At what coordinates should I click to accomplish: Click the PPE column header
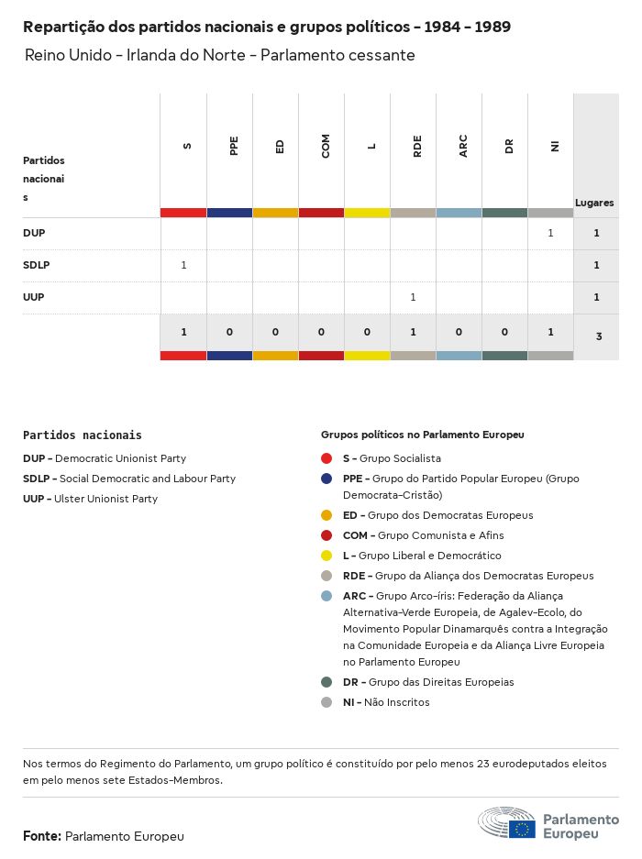point(234,146)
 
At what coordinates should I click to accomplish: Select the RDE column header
point(417,146)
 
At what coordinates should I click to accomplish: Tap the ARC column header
point(463,146)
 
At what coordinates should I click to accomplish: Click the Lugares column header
point(594,203)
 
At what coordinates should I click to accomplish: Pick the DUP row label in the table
point(34,233)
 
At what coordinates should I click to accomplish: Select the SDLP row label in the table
point(36,265)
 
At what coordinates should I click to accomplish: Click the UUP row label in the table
point(34,297)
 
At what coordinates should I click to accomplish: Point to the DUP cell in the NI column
point(550,233)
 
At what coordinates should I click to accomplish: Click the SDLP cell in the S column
point(183,265)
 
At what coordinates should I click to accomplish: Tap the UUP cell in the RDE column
point(413,297)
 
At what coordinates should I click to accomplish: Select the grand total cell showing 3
point(598,336)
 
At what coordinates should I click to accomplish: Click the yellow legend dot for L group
point(327,556)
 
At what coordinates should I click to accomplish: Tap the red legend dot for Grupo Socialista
point(327,458)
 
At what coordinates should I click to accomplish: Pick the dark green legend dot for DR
point(327,682)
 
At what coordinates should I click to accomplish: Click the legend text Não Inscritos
point(396,702)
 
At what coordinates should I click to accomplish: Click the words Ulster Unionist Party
point(105,499)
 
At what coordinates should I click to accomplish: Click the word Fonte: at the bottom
point(42,836)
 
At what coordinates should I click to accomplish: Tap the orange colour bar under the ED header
point(275,213)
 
